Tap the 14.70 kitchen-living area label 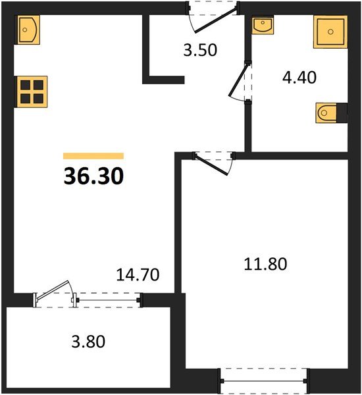[138, 274]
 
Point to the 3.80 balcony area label [87, 342]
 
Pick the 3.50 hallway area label [198, 49]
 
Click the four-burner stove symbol [33, 92]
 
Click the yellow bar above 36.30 [93, 156]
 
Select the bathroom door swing [239, 82]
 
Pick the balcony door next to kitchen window [55, 294]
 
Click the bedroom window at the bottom [265, 379]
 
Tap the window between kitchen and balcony [109, 300]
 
